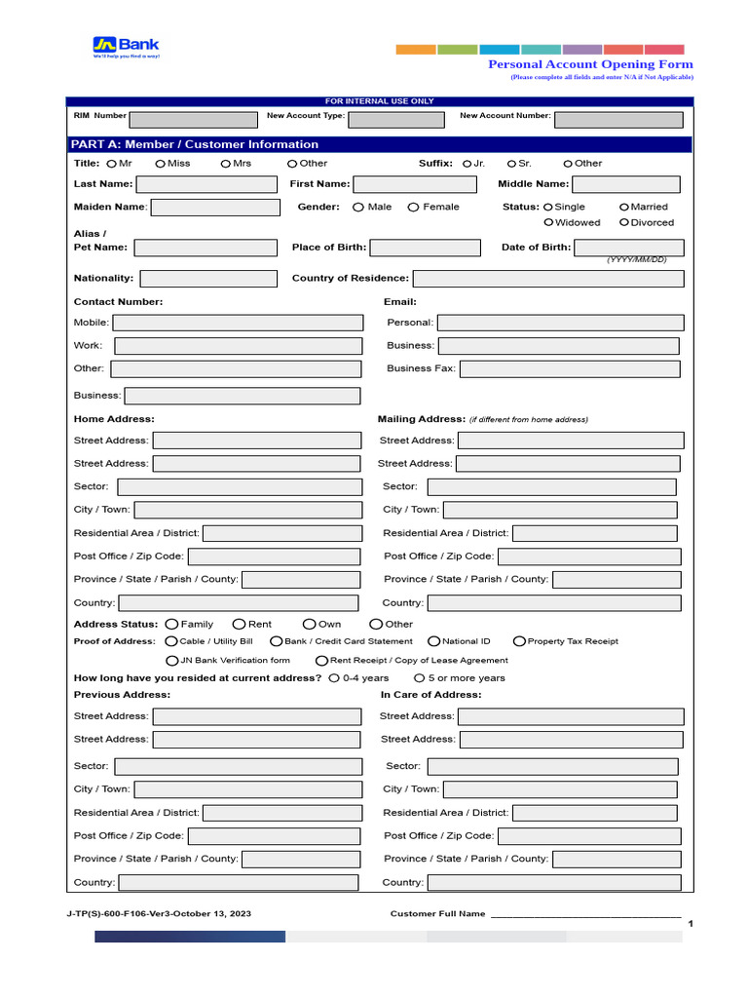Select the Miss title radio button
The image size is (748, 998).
pos(160,164)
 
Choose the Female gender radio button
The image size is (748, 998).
pos(413,207)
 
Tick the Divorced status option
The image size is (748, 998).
pos(623,222)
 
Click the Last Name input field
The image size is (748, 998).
pos(206,184)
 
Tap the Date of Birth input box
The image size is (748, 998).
pos(628,248)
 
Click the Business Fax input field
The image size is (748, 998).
pos(570,369)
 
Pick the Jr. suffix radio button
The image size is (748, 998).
pos(467,164)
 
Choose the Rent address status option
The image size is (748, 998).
pos(239,624)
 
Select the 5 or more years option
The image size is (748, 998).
pos(419,678)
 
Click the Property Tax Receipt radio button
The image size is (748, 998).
pos(519,641)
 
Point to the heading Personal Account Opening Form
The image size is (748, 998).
pos(590,64)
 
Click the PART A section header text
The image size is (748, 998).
pos(194,144)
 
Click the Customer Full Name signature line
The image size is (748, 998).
pos(584,915)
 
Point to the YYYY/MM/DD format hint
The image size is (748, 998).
pos(637,260)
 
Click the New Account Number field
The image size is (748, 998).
pos(618,119)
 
